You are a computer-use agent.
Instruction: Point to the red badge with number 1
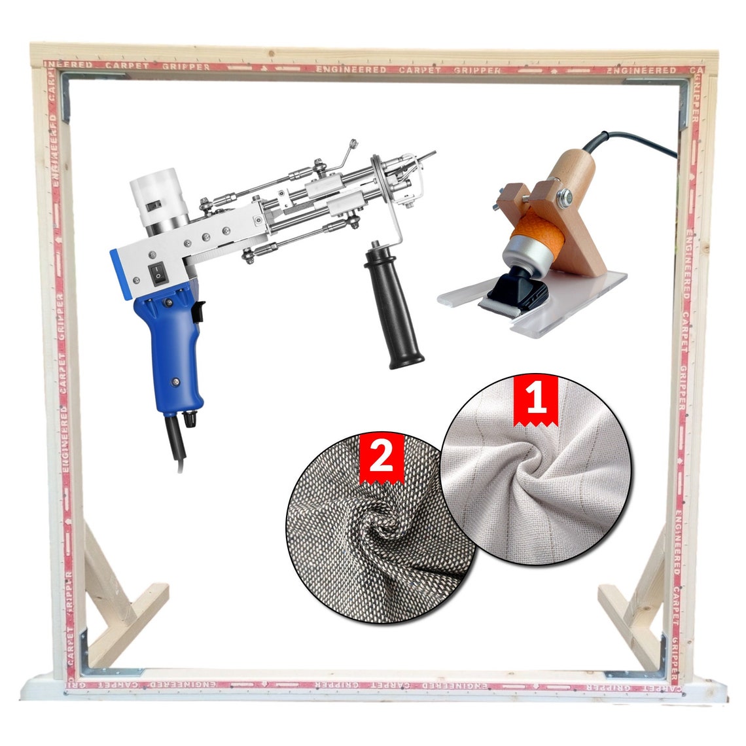click(537, 400)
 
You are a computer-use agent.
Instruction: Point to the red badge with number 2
click(382, 457)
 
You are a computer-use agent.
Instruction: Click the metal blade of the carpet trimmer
click(503, 305)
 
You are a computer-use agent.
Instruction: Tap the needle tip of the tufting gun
click(433, 154)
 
